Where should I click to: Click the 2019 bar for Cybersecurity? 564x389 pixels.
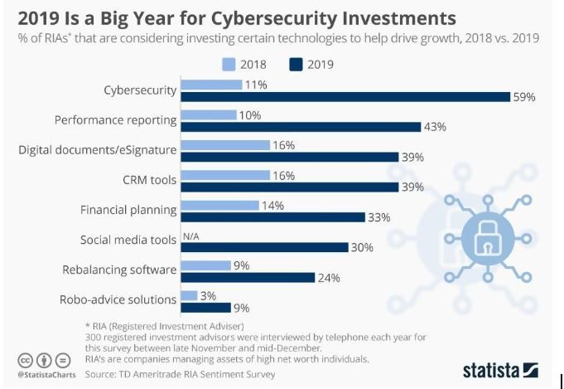tap(345, 96)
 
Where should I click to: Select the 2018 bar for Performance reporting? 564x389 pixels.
tap(209, 114)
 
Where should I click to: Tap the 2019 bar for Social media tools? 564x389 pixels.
tap(263, 246)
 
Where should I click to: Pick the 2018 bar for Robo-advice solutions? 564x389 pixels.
tap(189, 295)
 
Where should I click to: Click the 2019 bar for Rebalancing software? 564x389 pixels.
tap(248, 277)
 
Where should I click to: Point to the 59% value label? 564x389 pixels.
tap(525, 96)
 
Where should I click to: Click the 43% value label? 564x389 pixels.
tap(436, 127)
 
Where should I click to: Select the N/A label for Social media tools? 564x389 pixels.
tap(190, 235)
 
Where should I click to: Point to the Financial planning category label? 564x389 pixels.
tap(128, 210)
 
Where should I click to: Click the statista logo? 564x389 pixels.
tap(501, 369)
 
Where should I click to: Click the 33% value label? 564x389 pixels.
tap(378, 216)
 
